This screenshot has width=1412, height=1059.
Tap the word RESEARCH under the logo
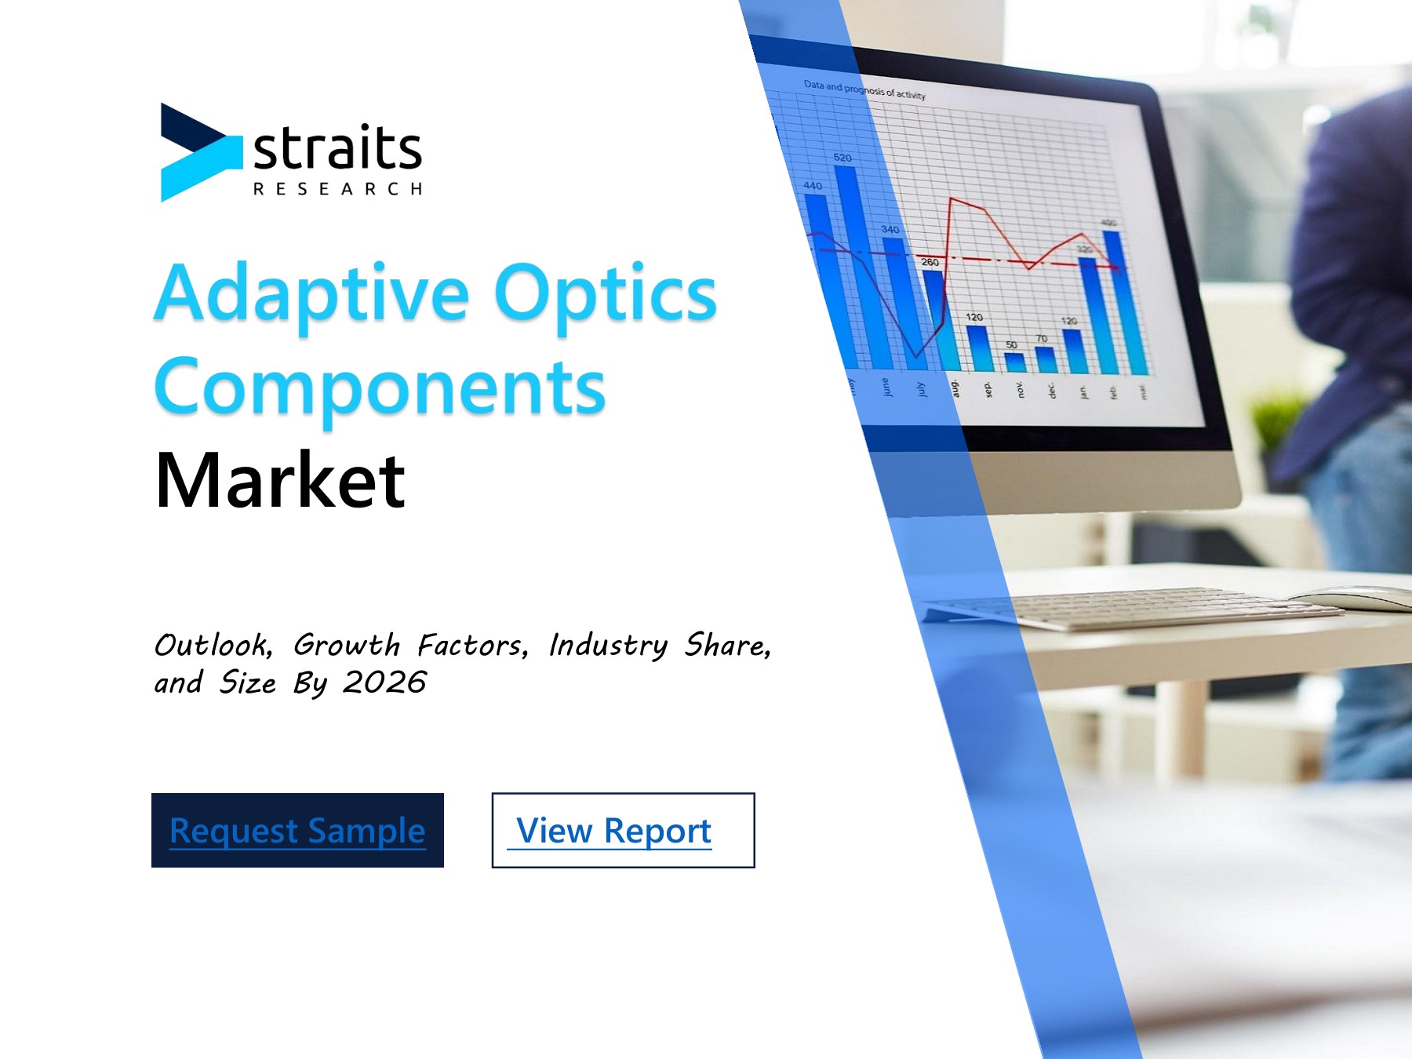pos(337,189)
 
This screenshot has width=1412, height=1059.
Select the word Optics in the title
pos(605,294)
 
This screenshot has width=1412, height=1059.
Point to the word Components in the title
pos(380,388)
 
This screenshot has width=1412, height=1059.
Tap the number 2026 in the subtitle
pos(384,682)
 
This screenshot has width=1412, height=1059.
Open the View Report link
pos(614,831)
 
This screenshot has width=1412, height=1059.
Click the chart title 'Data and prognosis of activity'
pos(864,89)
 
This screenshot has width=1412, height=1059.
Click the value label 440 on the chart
pos(813,186)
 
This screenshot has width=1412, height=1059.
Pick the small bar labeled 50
pos(1015,362)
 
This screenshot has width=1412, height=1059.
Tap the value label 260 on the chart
pos(930,262)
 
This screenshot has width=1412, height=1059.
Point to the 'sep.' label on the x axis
pos(988,389)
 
